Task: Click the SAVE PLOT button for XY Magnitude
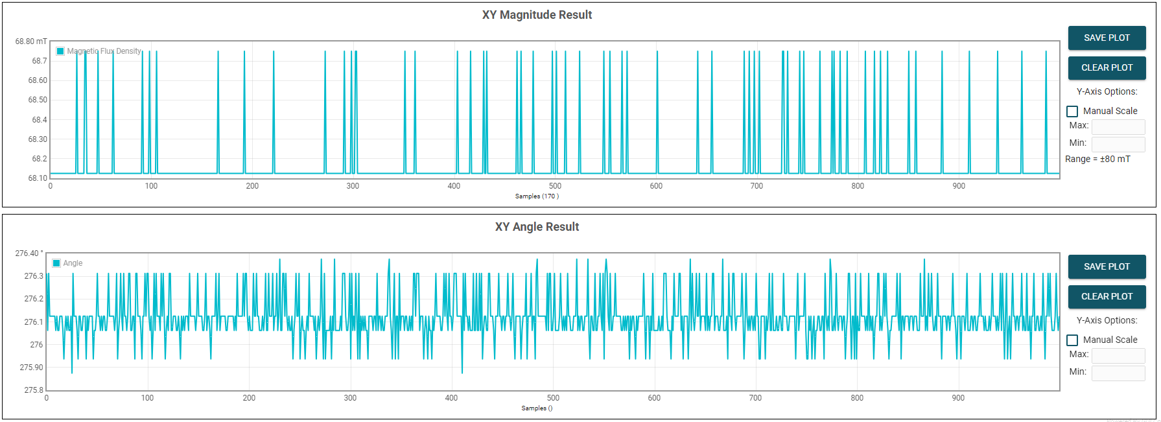[1107, 38]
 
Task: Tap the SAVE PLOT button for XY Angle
[1107, 266]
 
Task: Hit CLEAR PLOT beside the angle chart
[1107, 296]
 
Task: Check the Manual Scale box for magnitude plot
[1072, 111]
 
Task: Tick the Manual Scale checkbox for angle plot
[1072, 340]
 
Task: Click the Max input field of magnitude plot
[1118, 126]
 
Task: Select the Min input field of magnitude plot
[1118, 143]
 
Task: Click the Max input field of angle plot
[1118, 355]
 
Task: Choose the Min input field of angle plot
[1118, 373]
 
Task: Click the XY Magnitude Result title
[537, 15]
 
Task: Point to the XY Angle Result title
[537, 227]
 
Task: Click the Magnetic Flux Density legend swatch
[60, 51]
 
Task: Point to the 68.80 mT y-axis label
[31, 41]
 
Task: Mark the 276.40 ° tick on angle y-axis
[29, 253]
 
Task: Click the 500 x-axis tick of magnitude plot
[555, 186]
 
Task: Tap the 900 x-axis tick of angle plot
[958, 398]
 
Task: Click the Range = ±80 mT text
[1097, 159]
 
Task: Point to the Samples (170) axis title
[537, 196]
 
